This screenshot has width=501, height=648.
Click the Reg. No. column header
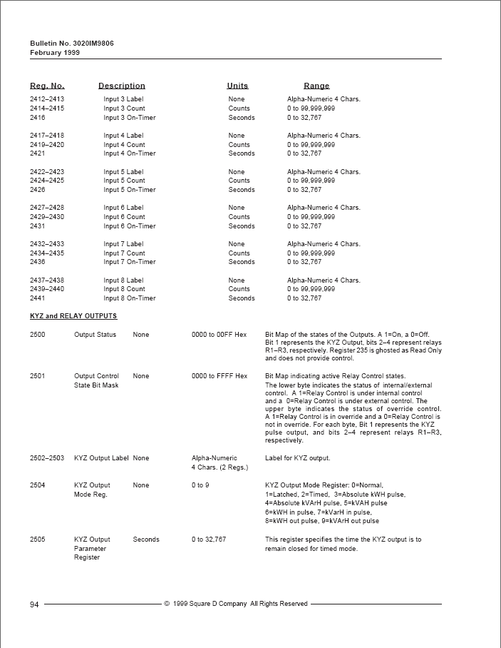point(47,86)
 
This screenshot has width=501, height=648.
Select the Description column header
point(121,86)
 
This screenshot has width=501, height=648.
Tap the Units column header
point(237,86)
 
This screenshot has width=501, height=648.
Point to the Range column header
point(316,86)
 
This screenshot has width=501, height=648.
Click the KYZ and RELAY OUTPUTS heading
point(73,315)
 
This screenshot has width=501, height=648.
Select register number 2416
point(38,118)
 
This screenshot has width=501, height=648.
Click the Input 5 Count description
point(124,181)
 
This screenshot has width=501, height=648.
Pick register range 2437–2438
point(47,280)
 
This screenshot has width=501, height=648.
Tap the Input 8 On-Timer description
point(129,298)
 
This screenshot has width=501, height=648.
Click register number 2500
point(38,334)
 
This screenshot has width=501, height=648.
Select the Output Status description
point(95,334)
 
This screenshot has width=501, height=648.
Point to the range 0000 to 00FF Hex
point(219,334)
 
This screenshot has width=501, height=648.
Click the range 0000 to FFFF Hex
point(219,376)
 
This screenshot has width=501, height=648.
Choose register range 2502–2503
point(47,458)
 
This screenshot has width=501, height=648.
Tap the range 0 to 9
point(200,485)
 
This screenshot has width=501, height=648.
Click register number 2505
point(38,540)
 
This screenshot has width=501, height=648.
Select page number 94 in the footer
point(34,604)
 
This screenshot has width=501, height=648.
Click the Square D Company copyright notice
point(236,604)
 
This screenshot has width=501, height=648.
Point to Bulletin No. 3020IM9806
point(72,44)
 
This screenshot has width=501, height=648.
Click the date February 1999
point(55,52)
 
